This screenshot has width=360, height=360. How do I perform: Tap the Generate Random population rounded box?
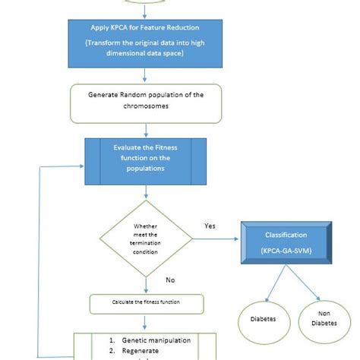(x=145, y=103)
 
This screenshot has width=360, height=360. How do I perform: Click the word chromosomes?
(x=145, y=109)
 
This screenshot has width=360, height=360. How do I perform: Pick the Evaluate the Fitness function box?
(x=144, y=162)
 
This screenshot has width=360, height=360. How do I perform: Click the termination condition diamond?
(x=145, y=239)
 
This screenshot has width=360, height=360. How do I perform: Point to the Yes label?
(x=210, y=226)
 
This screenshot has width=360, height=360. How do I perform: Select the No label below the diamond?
(x=171, y=280)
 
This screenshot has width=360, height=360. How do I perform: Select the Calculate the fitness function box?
(x=145, y=304)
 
